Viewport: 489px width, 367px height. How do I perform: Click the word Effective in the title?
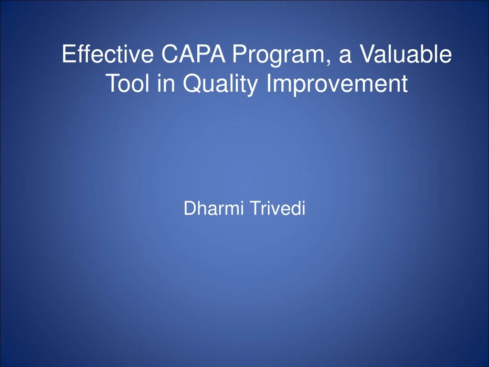coord(107,54)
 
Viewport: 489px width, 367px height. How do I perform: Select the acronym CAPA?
coord(193,54)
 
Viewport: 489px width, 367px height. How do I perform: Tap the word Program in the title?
coord(278,55)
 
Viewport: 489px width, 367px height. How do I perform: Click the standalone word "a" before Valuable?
coord(345,56)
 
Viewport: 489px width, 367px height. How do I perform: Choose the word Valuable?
coord(406,54)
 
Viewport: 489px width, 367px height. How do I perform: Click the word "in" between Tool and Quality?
coord(166,83)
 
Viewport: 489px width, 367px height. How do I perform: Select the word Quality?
coord(220,84)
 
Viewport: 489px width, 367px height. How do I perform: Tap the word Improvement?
coord(337,84)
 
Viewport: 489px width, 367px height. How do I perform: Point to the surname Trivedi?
coord(277,208)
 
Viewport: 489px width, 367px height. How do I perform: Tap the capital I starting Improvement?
coord(269,83)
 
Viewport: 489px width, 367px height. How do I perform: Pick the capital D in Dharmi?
coord(191,208)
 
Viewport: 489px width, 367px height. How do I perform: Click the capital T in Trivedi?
coord(255,208)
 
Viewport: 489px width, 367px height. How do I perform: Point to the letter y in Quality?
coord(252,87)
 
